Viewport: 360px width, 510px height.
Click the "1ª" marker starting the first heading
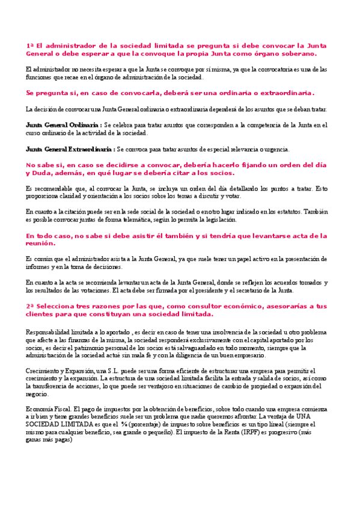(x=30, y=45)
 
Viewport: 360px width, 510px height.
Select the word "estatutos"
(x=282, y=212)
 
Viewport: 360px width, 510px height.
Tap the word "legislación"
(x=219, y=220)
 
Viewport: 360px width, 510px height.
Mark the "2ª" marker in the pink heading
(x=30, y=306)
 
